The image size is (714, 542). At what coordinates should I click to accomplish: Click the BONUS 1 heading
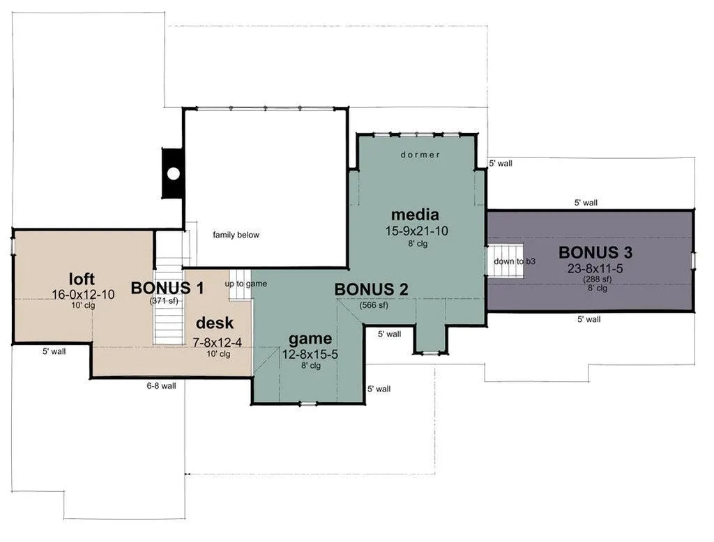167,288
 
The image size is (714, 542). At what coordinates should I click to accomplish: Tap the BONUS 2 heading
371,289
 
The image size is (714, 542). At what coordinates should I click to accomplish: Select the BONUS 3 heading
595,253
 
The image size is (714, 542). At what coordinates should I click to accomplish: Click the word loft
82,279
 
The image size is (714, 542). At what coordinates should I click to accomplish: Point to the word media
415,215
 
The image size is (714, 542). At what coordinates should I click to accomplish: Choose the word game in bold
310,339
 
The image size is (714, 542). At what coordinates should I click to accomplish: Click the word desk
215,323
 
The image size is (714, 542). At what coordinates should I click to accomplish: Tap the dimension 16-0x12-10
83,295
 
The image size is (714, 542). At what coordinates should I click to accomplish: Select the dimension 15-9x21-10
417,231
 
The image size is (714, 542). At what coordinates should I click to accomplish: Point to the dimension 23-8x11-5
595,269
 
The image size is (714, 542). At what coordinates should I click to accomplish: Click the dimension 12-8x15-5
310,355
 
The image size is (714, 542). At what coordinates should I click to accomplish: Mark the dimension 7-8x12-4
218,343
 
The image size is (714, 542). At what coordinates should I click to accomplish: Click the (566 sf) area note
374,305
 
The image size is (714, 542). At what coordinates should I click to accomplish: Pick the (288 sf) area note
598,279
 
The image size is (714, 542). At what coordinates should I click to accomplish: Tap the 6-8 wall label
161,386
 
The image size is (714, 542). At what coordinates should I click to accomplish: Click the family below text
236,235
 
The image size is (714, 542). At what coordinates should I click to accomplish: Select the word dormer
420,155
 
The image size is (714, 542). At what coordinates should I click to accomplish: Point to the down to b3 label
515,262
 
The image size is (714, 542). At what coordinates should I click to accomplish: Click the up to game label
246,284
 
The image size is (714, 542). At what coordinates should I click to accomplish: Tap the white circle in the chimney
173,173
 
